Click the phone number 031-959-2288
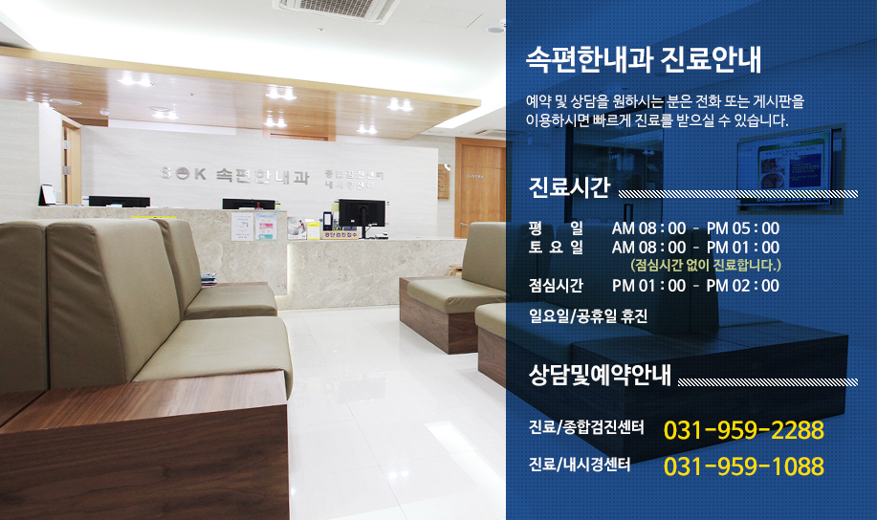(743, 430)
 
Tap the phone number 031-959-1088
(743, 466)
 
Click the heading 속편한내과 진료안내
(644, 59)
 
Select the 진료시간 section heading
(569, 187)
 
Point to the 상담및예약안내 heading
(600, 375)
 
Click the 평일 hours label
(556, 228)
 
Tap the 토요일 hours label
(556, 248)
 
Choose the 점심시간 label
(556, 285)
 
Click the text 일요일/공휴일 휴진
(588, 315)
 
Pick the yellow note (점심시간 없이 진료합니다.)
(705, 265)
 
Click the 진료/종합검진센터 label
(586, 427)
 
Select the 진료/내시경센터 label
(580, 465)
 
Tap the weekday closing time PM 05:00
(743, 228)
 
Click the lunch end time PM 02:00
(743, 285)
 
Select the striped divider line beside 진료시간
(737, 194)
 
